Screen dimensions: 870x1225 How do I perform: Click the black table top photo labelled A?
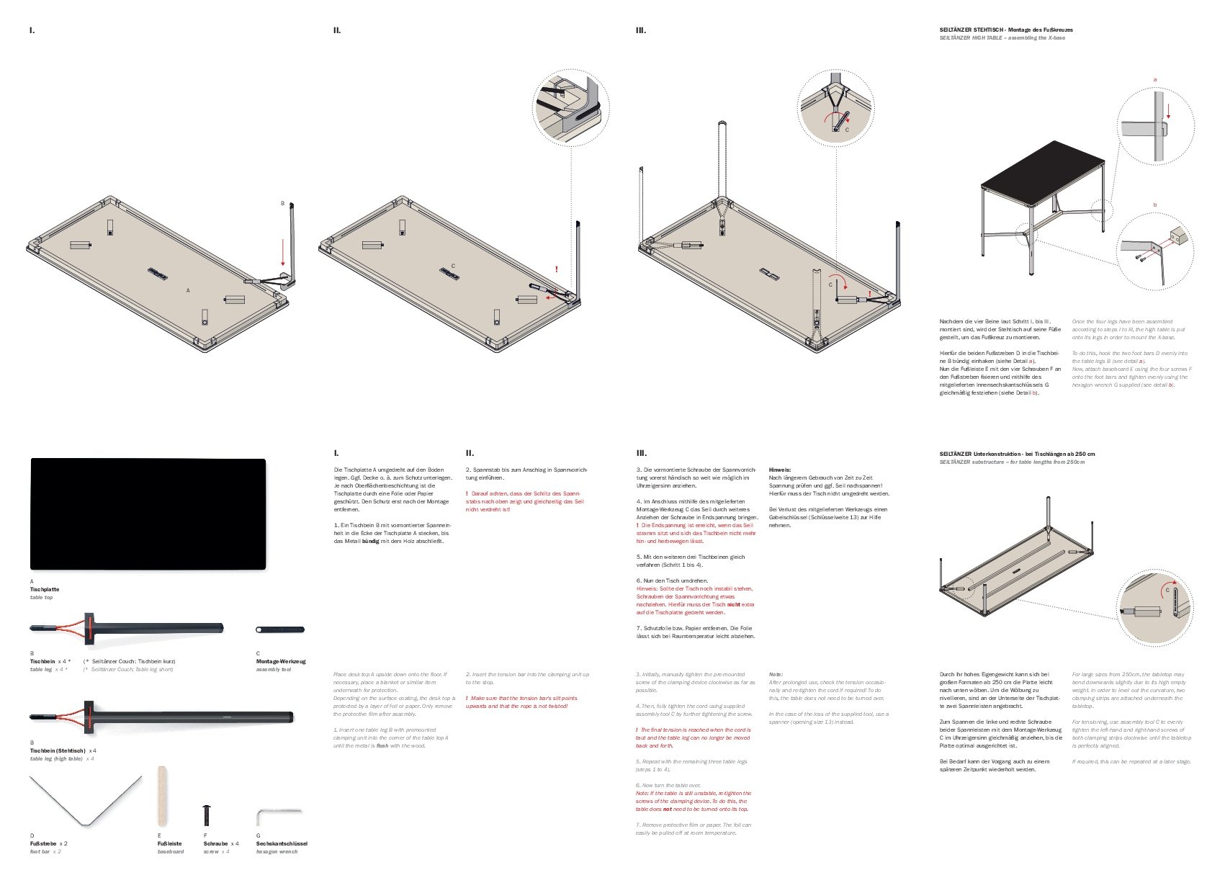coord(148,514)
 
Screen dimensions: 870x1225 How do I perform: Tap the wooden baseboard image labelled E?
coord(163,797)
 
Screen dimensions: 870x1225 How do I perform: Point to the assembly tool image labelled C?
coord(280,629)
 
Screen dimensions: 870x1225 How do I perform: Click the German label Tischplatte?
coord(45,589)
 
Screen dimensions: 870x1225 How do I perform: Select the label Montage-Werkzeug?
coord(281,661)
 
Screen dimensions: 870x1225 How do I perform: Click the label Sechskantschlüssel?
coord(282,843)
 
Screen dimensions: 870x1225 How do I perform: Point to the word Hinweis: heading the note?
coord(779,470)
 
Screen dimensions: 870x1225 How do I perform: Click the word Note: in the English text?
coord(776,674)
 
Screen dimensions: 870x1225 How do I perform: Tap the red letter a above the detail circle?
coord(1154,79)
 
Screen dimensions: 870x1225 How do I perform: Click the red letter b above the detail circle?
coord(1154,205)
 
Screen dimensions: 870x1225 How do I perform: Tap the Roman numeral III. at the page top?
coord(641,31)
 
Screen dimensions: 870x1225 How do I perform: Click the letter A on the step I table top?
coord(188,290)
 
